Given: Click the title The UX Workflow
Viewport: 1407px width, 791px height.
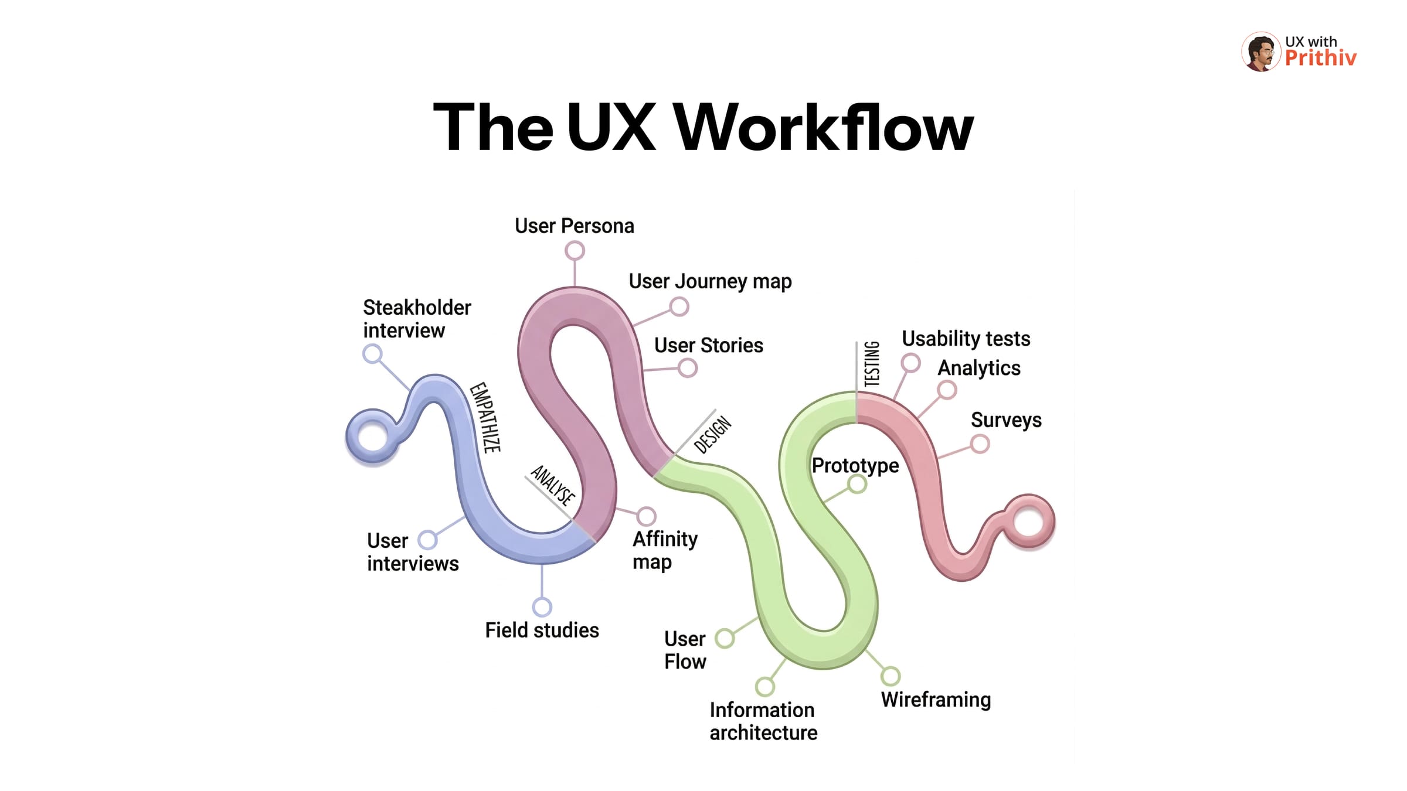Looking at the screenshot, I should pyautogui.click(x=703, y=127).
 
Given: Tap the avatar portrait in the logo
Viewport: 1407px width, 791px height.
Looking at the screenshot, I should pyautogui.click(x=1260, y=52).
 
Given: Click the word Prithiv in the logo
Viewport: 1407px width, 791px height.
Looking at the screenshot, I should pyautogui.click(x=1320, y=58).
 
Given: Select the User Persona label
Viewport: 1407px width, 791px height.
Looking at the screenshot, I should pyautogui.click(x=574, y=226).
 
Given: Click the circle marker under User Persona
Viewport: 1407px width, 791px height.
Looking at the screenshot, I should pyautogui.click(x=575, y=251).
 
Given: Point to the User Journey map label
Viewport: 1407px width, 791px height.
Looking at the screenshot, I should pyautogui.click(x=710, y=282).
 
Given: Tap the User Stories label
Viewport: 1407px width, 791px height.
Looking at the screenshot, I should pyautogui.click(x=708, y=346).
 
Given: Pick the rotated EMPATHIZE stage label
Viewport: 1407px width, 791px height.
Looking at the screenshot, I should pyautogui.click(x=485, y=417).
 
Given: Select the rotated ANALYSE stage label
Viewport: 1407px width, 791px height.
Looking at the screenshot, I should pyautogui.click(x=552, y=485).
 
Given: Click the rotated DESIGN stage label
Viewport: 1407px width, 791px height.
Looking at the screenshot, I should pyautogui.click(x=712, y=434).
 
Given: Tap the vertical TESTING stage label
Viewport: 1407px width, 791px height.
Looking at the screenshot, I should pyautogui.click(x=872, y=363).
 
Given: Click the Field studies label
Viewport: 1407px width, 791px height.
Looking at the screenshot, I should pyautogui.click(x=542, y=630).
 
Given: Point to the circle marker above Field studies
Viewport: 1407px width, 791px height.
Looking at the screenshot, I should pyautogui.click(x=542, y=607).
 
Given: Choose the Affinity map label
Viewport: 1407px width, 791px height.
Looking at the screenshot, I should pyautogui.click(x=664, y=550).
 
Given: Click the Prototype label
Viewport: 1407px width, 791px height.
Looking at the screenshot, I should pyautogui.click(x=855, y=466).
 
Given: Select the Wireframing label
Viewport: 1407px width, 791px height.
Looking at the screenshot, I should pyautogui.click(x=936, y=700).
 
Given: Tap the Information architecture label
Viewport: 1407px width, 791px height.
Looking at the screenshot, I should pyautogui.click(x=763, y=721).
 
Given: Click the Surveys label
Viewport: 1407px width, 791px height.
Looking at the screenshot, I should pyautogui.click(x=1006, y=420).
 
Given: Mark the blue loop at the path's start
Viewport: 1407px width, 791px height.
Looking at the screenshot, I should pyautogui.click(x=373, y=437).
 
